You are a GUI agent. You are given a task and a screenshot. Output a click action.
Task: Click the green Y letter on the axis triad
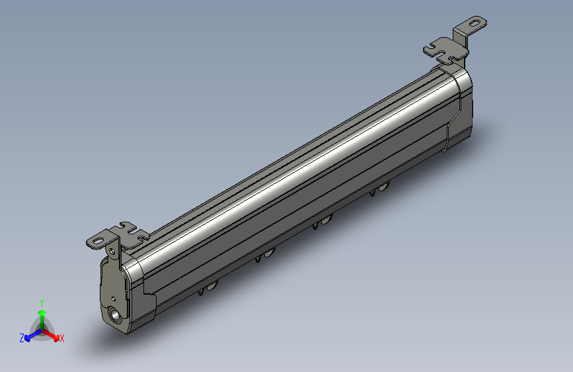coord(42,302)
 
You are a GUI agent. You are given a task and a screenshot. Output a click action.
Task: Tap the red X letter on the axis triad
coord(62,338)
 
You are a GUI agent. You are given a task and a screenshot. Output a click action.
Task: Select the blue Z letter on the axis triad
coord(22,338)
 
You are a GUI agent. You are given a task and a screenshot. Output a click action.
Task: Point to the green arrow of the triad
coord(42,314)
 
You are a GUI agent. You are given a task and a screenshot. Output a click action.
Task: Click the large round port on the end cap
coord(116,316)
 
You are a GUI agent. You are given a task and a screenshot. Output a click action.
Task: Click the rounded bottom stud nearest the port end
coord(213,286)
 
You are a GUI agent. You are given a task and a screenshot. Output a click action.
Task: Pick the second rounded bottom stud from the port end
coord(269,253)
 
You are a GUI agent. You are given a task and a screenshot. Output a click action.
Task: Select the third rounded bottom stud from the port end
coord(326,220)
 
